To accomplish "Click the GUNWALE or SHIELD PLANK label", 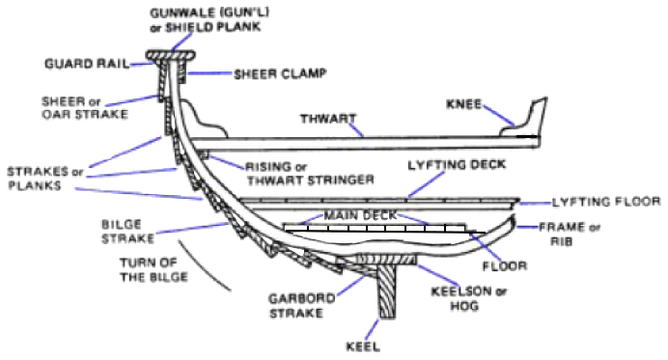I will tap(209, 19).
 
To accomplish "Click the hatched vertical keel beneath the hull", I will tap(385, 298).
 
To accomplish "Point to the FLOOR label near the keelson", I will tap(507, 263).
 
